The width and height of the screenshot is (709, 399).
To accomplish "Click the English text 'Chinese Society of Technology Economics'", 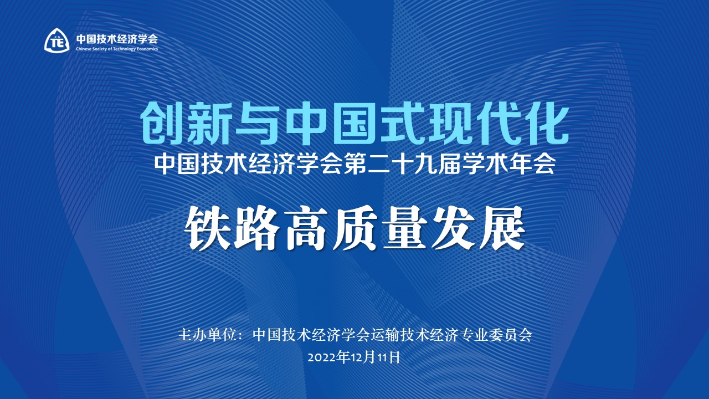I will point(117,49).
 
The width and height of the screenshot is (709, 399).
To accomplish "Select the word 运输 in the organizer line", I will point(384,335).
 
